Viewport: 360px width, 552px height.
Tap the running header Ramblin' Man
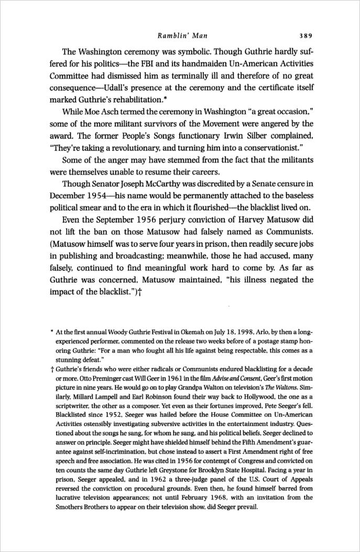coord(182,36)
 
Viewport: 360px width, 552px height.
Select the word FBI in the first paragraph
coord(170,66)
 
